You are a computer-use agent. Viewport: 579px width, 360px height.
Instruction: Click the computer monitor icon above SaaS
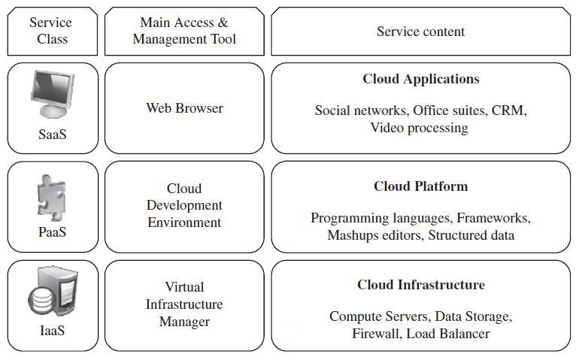pyautogui.click(x=53, y=94)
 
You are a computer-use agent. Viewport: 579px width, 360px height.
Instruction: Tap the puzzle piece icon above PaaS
pyautogui.click(x=52, y=196)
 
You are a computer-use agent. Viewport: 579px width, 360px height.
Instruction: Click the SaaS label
pyautogui.click(x=53, y=135)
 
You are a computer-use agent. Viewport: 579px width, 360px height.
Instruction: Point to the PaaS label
pyautogui.click(x=53, y=232)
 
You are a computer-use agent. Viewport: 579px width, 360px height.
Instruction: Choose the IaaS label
pyautogui.click(x=53, y=330)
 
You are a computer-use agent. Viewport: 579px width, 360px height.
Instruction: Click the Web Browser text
pyautogui.click(x=184, y=108)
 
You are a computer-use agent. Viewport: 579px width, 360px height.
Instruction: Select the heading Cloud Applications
pyautogui.click(x=420, y=79)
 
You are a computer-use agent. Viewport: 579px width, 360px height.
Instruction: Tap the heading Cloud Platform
pyautogui.click(x=420, y=186)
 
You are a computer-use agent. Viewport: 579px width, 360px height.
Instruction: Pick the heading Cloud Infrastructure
pyautogui.click(x=420, y=285)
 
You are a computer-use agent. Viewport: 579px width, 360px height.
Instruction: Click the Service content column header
pyautogui.click(x=420, y=32)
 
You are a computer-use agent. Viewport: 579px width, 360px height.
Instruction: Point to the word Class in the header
pyautogui.click(x=53, y=39)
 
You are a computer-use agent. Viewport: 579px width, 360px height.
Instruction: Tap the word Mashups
pyautogui.click(x=353, y=235)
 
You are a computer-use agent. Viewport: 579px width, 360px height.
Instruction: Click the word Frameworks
pyautogui.click(x=493, y=218)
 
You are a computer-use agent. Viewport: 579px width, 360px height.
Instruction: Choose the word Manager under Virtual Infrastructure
pyautogui.click(x=184, y=322)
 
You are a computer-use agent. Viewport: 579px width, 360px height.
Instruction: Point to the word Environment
pyautogui.click(x=184, y=222)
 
